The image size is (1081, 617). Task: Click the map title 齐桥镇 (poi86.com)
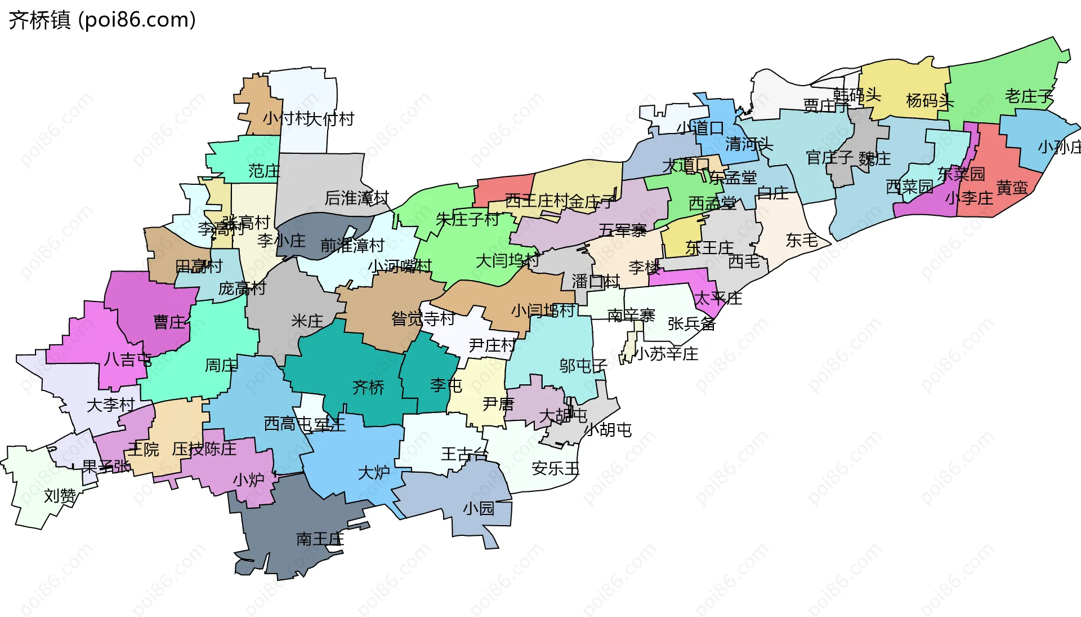102,20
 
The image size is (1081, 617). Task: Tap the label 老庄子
1029,96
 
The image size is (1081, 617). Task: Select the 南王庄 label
320,539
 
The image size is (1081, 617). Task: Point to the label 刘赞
60,496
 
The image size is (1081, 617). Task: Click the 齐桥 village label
368,387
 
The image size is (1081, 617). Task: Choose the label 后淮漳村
356,198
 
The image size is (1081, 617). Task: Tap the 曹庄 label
169,322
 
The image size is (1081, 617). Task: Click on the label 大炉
374,472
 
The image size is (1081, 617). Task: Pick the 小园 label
478,509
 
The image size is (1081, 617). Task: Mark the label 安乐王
555,468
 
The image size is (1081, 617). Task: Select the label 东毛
802,241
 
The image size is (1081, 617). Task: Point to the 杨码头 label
930,101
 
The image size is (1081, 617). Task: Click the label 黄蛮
1012,188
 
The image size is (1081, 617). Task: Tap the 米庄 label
307,321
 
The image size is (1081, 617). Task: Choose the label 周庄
221,366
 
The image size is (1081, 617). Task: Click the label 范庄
264,171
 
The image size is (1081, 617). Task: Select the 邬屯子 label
583,366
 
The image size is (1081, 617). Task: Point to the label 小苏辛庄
667,354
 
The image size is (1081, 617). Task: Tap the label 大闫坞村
507,260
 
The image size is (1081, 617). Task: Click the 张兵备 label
691,323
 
